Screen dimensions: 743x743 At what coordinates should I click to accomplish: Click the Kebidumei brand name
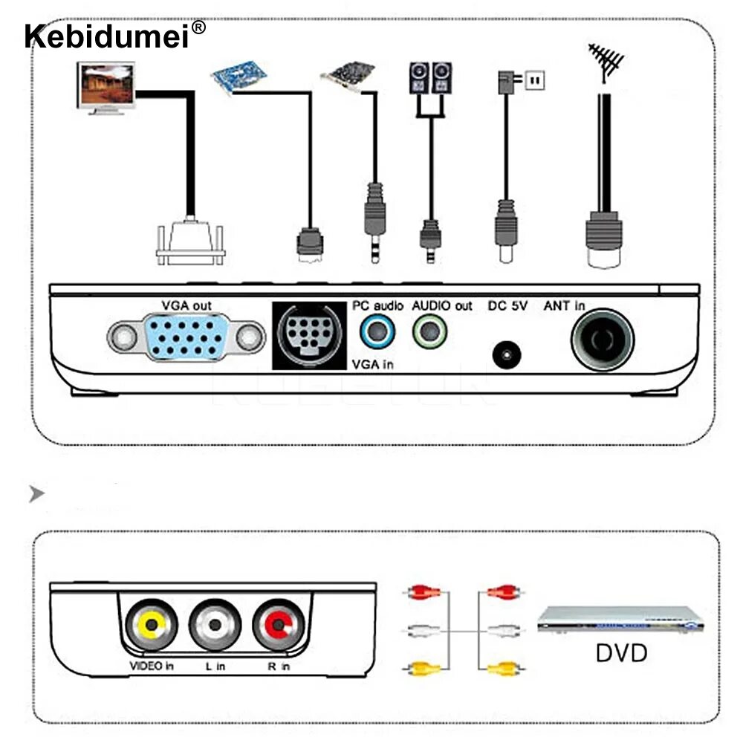[x=107, y=35]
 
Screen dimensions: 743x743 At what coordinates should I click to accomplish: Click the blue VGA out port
[x=186, y=337]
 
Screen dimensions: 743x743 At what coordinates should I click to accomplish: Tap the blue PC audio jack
[x=377, y=331]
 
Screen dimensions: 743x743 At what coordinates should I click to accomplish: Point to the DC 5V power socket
[x=507, y=354]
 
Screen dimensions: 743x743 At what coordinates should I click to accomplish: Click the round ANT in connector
[x=602, y=340]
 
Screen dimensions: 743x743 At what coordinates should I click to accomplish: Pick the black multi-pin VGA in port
[x=308, y=335]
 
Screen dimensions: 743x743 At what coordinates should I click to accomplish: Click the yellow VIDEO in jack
[x=151, y=625]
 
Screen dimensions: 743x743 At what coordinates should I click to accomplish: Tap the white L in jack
[x=215, y=625]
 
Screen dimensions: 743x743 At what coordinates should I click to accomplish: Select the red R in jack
[x=279, y=625]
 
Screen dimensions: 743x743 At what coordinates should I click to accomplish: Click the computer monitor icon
[x=106, y=87]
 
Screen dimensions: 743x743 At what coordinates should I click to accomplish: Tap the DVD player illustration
[x=620, y=619]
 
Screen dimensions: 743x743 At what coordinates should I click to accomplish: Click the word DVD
[x=621, y=653]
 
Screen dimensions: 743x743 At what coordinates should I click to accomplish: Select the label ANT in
[x=564, y=305]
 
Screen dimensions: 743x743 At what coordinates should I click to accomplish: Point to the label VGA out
[x=186, y=305]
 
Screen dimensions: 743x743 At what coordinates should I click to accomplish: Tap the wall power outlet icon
[x=535, y=80]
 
